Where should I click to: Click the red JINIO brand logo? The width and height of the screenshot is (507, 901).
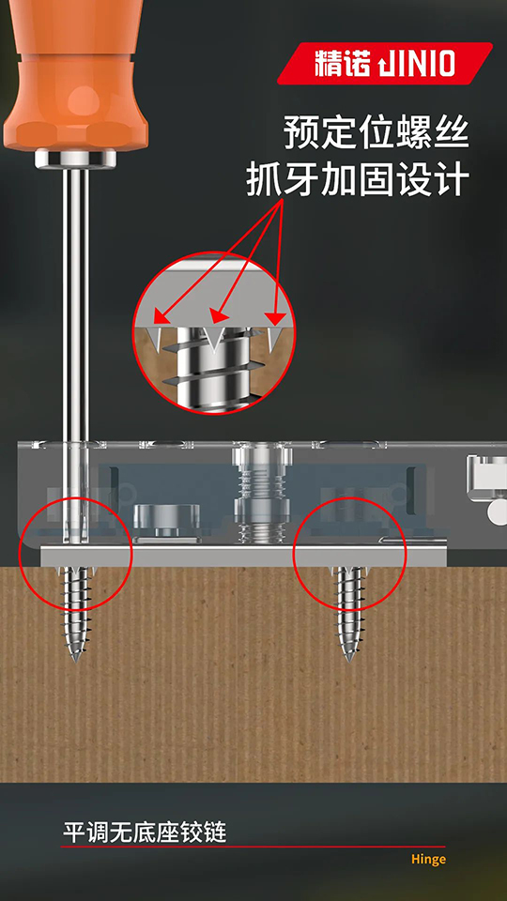pyautogui.click(x=385, y=63)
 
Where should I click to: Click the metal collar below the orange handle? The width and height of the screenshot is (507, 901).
pyautogui.click(x=75, y=159)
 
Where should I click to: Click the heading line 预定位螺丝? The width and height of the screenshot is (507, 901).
pyautogui.click(x=376, y=133)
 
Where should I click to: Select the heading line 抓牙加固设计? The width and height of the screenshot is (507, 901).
pyautogui.click(x=358, y=179)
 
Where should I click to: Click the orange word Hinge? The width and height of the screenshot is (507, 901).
pyautogui.click(x=428, y=860)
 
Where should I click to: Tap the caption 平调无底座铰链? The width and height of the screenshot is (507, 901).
pyautogui.click(x=145, y=832)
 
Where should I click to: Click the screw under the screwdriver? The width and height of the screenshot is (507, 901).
pyautogui.click(x=75, y=613)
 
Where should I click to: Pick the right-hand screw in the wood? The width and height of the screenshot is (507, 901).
pyautogui.click(x=349, y=613)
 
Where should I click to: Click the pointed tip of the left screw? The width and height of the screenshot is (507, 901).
pyautogui.click(x=75, y=661)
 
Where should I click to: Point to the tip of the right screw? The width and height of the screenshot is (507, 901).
pyautogui.click(x=349, y=661)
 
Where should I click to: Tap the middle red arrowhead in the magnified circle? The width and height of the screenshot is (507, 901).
pyautogui.click(x=216, y=316)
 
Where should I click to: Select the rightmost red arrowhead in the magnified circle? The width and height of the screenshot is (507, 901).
pyautogui.click(x=277, y=317)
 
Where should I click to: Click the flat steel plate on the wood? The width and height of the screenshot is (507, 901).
pyautogui.click(x=244, y=555)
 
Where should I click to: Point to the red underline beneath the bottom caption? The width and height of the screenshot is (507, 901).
pyautogui.click(x=253, y=847)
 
